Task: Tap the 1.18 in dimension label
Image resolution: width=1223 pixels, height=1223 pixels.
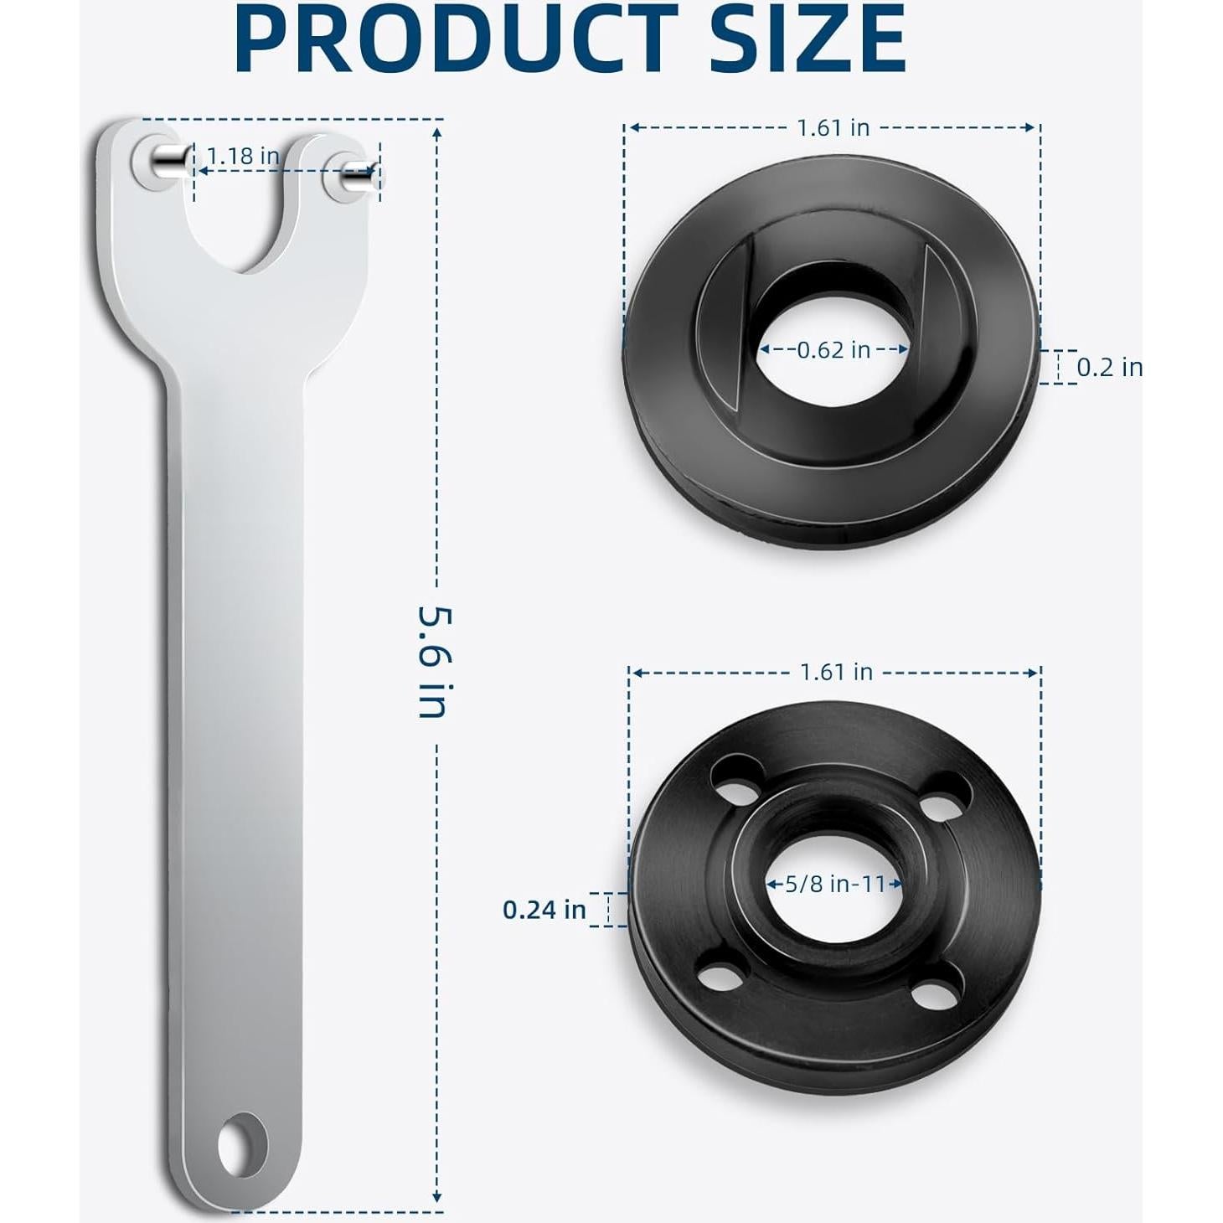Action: (x=243, y=156)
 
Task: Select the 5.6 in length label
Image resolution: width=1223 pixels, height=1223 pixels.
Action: (x=435, y=662)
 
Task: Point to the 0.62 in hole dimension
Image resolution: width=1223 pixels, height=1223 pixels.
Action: (x=833, y=349)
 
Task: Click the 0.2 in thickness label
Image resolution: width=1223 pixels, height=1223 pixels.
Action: (x=1109, y=367)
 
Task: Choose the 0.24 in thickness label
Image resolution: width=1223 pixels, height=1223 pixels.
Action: (x=544, y=909)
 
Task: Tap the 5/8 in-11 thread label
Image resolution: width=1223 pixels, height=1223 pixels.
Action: (x=835, y=883)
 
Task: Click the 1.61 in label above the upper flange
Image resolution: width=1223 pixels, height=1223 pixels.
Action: (x=833, y=127)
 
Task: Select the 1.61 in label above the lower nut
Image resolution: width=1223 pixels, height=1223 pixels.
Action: (x=836, y=672)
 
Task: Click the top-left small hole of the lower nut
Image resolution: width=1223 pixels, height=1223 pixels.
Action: (x=737, y=770)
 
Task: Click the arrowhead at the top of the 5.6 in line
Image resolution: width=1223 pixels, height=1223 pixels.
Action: (x=436, y=132)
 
